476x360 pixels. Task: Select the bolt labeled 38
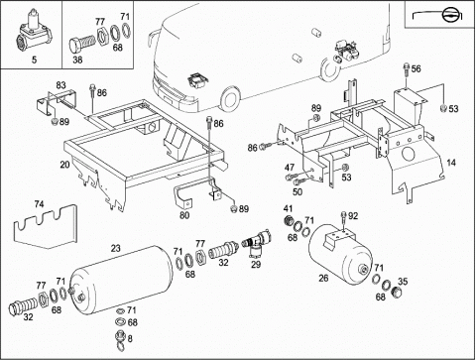[81, 43]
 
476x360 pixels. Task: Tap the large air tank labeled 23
[121, 280]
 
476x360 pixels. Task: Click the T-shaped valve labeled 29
[258, 244]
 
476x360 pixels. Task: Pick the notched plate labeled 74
[46, 226]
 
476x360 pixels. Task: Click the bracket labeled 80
[182, 195]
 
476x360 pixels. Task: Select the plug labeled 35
[396, 292]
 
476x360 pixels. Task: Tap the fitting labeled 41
[289, 220]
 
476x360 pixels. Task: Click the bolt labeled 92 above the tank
[344, 219]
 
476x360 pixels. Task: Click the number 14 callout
[451, 163]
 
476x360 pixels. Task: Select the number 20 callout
[64, 165]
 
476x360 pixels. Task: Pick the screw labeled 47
[291, 177]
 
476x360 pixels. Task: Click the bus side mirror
[152, 38]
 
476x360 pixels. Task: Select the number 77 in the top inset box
[100, 22]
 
